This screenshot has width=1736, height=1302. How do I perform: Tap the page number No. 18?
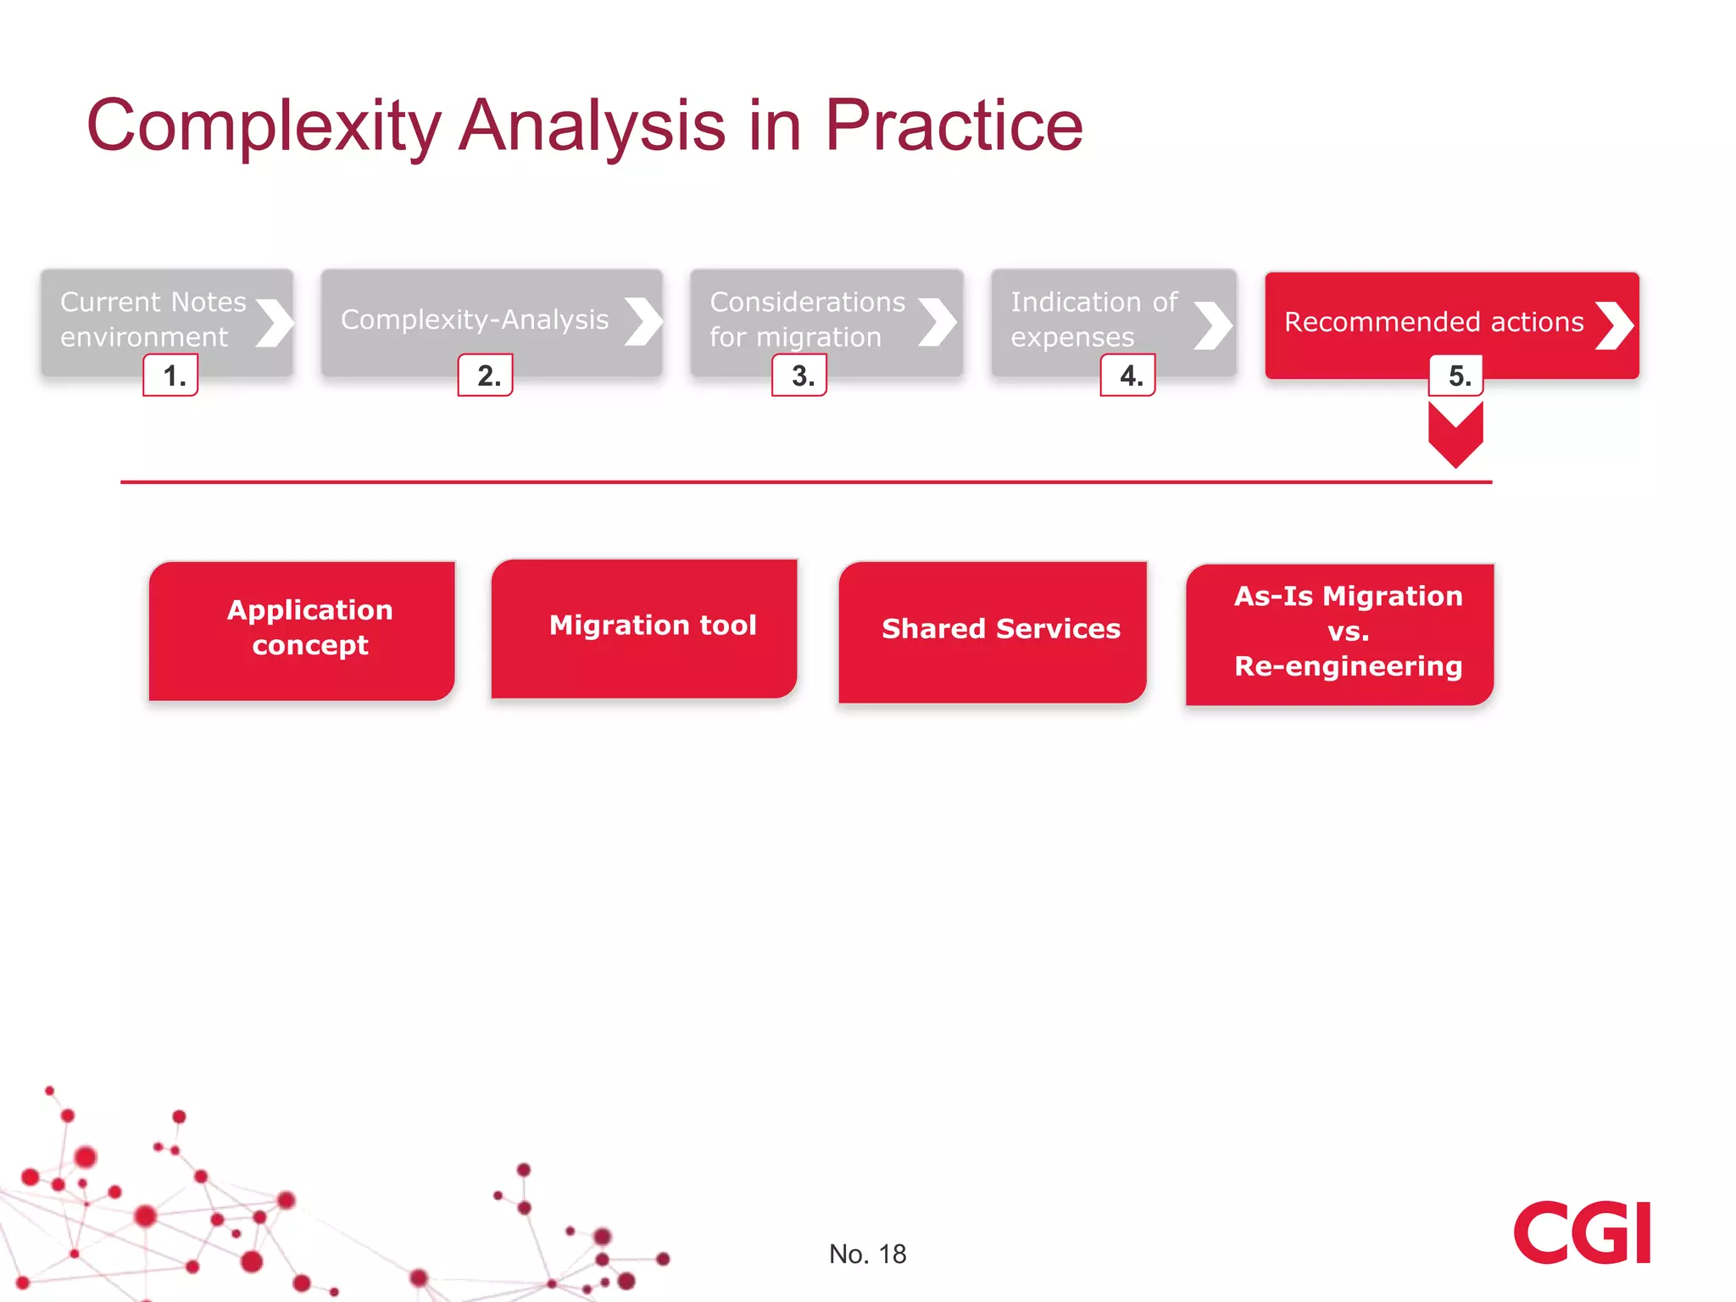tap(867, 1254)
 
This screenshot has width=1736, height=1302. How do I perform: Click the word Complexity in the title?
tap(264, 126)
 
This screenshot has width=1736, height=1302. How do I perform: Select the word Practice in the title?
tap(954, 126)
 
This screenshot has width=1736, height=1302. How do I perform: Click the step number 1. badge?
tap(171, 376)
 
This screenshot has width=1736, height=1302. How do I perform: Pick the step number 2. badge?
tap(486, 376)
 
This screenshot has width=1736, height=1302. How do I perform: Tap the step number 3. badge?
tap(799, 376)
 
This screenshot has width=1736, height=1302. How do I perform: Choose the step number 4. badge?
tap(1128, 376)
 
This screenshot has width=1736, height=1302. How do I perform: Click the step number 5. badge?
tap(1456, 376)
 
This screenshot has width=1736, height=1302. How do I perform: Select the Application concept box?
tap(303, 630)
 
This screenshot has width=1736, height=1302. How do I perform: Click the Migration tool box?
tap(644, 628)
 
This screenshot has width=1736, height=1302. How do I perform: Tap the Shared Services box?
tap(993, 632)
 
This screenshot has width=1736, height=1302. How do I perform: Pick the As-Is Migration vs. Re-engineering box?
tap(1340, 633)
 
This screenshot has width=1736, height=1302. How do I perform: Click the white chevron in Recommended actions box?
tap(1615, 325)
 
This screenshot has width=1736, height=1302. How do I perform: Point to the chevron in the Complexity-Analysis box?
tap(643, 321)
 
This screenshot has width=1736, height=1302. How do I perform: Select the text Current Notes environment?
tap(153, 320)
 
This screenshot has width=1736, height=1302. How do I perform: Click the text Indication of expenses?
tap(1093, 320)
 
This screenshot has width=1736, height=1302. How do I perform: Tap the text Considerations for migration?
tap(807, 320)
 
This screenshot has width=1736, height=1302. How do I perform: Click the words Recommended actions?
tap(1433, 322)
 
